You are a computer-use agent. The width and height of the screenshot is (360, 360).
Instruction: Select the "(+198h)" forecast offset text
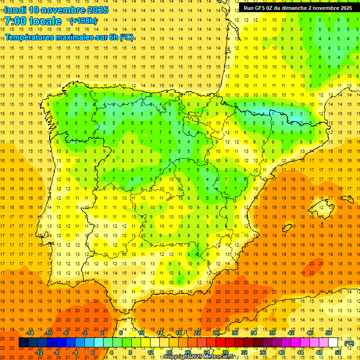[x=83, y=21]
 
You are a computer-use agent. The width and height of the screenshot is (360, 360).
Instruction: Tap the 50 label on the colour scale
[x=329, y=333]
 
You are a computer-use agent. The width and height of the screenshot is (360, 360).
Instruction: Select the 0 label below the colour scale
[x=93, y=352]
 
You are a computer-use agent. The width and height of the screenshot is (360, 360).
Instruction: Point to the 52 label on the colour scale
[x=338, y=352]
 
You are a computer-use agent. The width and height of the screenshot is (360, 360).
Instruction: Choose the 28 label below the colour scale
[x=225, y=352]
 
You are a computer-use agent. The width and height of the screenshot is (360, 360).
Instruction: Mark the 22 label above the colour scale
[x=197, y=333]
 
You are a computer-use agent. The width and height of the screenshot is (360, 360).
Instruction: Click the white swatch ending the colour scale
[x=333, y=343]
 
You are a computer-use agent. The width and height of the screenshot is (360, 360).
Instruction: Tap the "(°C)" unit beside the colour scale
[x=349, y=343]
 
